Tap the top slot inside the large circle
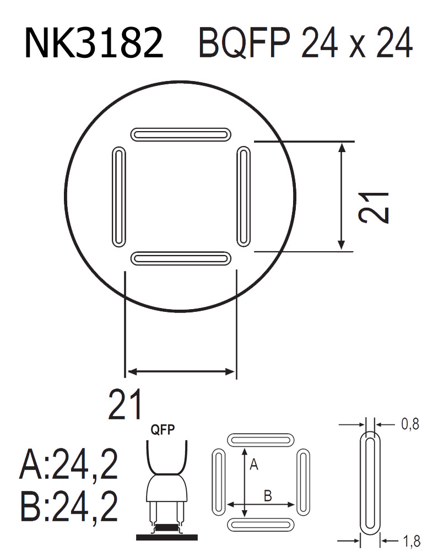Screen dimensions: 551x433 pyautogui.click(x=181, y=134)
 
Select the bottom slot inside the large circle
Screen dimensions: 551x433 pyautogui.click(x=181, y=258)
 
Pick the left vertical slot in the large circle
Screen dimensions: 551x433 pyautogui.click(x=118, y=196)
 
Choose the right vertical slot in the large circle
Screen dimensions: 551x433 pyautogui.click(x=243, y=196)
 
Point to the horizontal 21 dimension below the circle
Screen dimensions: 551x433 pyautogui.click(x=126, y=404)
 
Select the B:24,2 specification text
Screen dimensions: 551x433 pyautogui.click(x=69, y=507)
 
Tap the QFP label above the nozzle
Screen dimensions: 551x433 pyautogui.click(x=164, y=430)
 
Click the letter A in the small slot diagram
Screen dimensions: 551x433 pyautogui.click(x=253, y=466)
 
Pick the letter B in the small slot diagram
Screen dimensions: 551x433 pyautogui.click(x=268, y=495)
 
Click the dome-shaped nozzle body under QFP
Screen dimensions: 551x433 pyautogui.click(x=166, y=488)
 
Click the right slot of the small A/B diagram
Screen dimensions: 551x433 pyautogui.click(x=304, y=482)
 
